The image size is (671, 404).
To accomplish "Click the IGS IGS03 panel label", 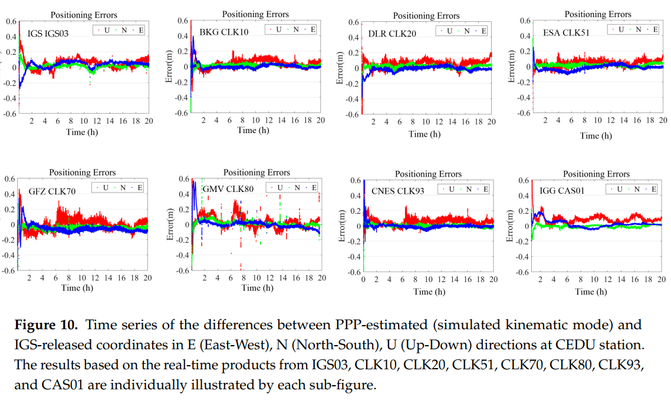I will [48, 34].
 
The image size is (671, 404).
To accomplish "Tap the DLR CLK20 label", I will [392, 34].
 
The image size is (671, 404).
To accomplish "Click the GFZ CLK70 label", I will [52, 191].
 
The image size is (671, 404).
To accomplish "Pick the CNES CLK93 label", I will [398, 191].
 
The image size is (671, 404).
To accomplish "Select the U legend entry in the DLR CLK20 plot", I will [451, 31].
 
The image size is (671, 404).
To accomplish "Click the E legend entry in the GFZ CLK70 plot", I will [140, 188].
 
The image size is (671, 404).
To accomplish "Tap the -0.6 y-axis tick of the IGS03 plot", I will [11, 113].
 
